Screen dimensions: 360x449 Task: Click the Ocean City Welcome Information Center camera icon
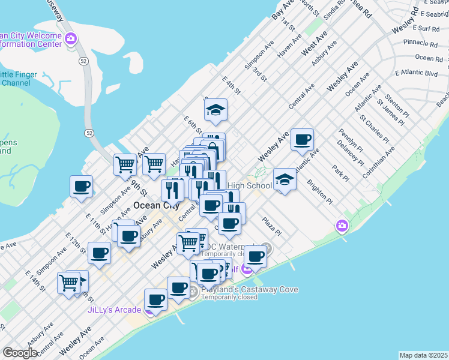71,40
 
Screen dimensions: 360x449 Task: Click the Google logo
20,353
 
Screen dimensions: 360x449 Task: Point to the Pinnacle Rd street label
420,43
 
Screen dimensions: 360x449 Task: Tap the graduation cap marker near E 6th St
215,110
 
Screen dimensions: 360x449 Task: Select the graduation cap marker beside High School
285,179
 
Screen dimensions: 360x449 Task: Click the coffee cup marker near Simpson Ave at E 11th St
80,186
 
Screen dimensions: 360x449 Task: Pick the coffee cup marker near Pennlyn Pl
303,139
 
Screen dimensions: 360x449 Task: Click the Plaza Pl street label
271,226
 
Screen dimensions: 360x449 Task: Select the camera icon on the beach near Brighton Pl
342,226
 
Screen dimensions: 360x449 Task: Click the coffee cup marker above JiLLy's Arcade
156,299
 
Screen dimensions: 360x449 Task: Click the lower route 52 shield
89,132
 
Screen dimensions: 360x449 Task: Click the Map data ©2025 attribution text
423,355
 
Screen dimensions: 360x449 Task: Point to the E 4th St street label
231,85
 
